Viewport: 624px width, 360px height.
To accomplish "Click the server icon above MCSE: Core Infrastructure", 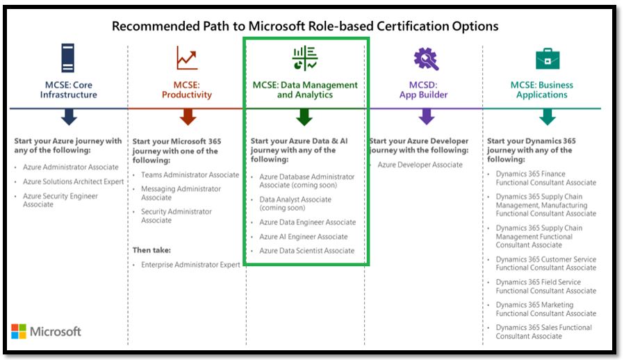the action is [68, 58].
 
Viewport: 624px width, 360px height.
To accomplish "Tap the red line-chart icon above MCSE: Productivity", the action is [187, 58].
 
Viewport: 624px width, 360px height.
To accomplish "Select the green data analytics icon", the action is [305, 58].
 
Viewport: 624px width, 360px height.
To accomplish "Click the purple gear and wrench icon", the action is [426, 59].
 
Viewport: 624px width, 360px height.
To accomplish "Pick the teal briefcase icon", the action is [548, 59].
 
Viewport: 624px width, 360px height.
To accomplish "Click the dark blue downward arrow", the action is [69, 117].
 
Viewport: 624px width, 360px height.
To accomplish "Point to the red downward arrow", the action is [188, 117].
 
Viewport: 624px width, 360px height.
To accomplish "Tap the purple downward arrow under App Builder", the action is [426, 117].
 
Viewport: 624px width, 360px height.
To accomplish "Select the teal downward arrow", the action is [547, 117].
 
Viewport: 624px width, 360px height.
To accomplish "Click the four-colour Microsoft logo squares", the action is [18, 332].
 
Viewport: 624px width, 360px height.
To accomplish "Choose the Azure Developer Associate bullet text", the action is [420, 165].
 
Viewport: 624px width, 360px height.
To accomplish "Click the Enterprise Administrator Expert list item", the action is [190, 265].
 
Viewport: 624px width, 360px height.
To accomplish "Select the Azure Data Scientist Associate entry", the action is [307, 251].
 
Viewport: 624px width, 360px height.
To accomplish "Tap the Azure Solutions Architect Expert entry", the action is [73, 181].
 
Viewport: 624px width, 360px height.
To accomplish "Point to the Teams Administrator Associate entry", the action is [190, 175].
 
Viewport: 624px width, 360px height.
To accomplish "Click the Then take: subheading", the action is [151, 250].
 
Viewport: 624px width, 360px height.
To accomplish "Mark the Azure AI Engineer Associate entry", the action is [303, 236].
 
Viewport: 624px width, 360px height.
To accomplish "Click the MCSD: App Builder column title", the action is [423, 90].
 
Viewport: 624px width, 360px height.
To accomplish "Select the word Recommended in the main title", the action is [156, 26].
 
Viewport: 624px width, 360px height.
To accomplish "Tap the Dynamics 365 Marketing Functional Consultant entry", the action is [545, 309].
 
